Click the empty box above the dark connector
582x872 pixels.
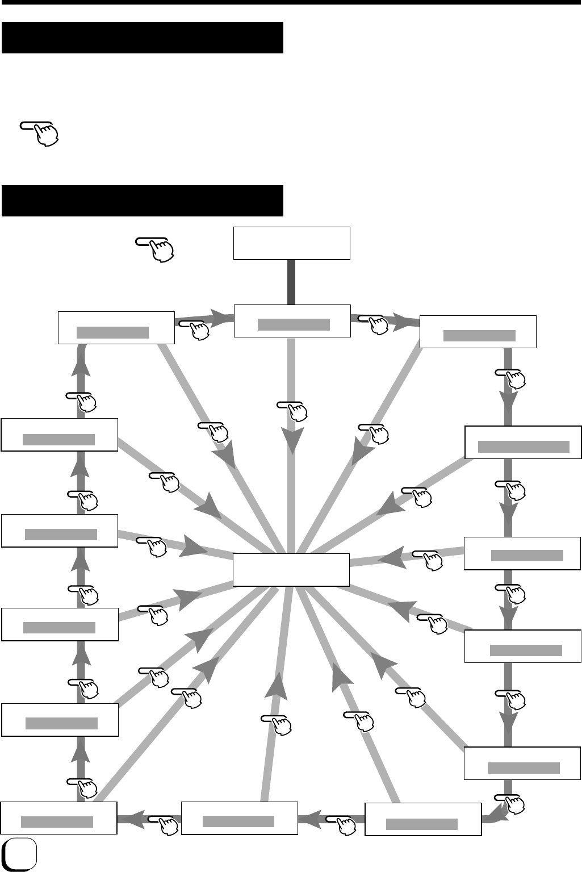(x=292, y=243)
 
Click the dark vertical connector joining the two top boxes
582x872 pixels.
(x=291, y=282)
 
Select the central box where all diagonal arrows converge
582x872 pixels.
(x=291, y=569)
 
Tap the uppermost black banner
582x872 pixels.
(x=142, y=37)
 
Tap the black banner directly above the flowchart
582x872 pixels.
(x=142, y=200)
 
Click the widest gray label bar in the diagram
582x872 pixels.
(x=524, y=447)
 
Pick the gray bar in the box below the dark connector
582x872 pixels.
(x=294, y=324)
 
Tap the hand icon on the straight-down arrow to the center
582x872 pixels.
(x=294, y=411)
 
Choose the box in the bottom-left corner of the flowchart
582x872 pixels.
(x=59, y=818)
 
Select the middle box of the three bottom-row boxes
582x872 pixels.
(x=240, y=818)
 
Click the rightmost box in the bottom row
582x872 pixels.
(x=423, y=820)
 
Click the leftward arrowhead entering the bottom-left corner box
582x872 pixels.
(x=127, y=819)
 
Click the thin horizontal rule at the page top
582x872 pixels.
(x=291, y=2)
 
